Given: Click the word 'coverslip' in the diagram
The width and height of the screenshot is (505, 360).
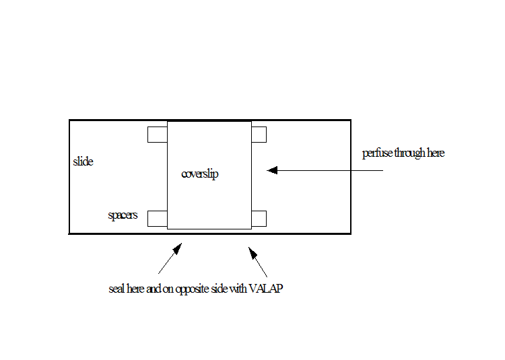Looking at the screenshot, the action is tap(200, 174).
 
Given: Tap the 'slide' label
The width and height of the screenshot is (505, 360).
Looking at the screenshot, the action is tap(83, 161).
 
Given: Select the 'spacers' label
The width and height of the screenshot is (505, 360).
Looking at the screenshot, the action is tap(123, 215).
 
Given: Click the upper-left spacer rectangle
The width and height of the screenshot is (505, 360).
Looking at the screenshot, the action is tap(158, 135).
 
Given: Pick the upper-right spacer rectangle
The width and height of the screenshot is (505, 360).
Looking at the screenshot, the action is tap(259, 135).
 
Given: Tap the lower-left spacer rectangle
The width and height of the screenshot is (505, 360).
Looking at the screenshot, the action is tap(158, 219).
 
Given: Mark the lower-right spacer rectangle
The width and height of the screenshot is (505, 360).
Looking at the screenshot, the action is tap(259, 219).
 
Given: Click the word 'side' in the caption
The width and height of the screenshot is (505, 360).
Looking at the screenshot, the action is tap(219, 289).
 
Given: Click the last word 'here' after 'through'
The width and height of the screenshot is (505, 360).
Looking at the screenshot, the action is tap(436, 153).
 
